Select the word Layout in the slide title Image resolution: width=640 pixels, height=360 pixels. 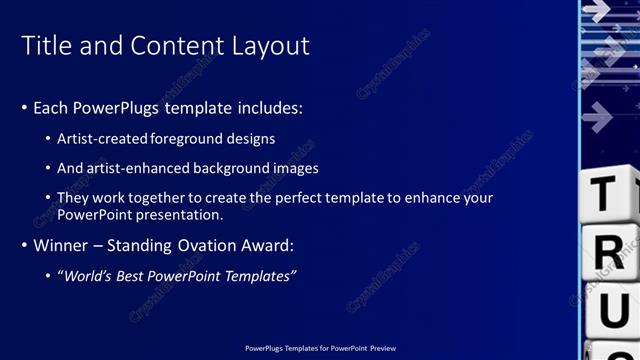269,46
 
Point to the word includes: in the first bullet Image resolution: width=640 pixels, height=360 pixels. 265,107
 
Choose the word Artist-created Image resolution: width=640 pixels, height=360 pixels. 98,139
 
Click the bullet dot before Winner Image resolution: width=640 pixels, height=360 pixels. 24,245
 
